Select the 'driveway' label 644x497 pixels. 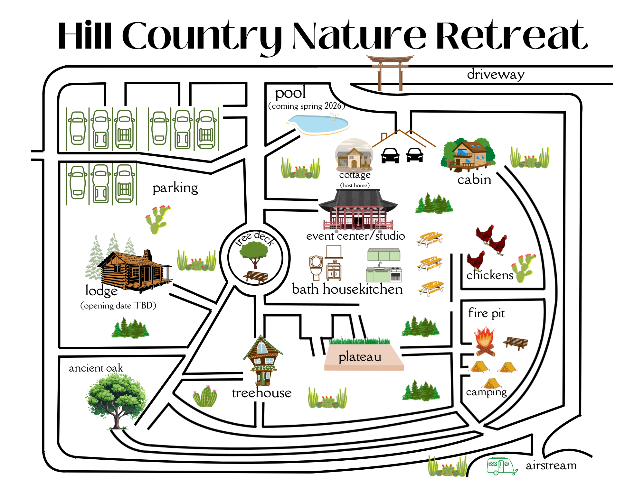(x=496, y=75)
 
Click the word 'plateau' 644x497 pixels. (x=360, y=357)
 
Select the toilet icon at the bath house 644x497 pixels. (x=316, y=267)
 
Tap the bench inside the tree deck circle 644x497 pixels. (x=256, y=277)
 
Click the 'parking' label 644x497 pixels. (x=175, y=188)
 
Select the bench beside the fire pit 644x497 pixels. (x=516, y=343)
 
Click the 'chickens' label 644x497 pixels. (x=489, y=275)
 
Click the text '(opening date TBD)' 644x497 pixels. (x=118, y=305)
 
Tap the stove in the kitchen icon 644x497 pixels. (x=396, y=274)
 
